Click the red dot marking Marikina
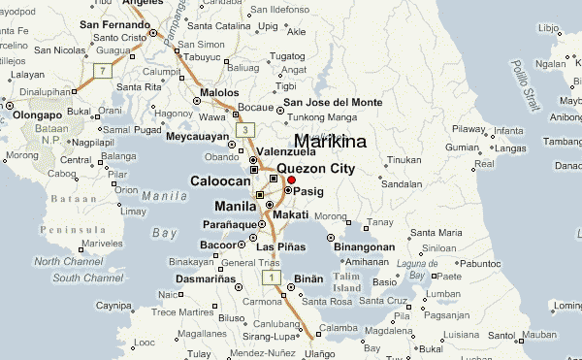(291, 180)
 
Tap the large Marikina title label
(330, 142)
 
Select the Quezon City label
(315, 168)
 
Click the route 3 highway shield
(247, 130)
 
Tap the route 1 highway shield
(275, 278)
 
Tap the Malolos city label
(218, 92)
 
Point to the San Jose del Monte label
(332, 102)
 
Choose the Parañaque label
(234, 225)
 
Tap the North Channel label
(60, 262)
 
